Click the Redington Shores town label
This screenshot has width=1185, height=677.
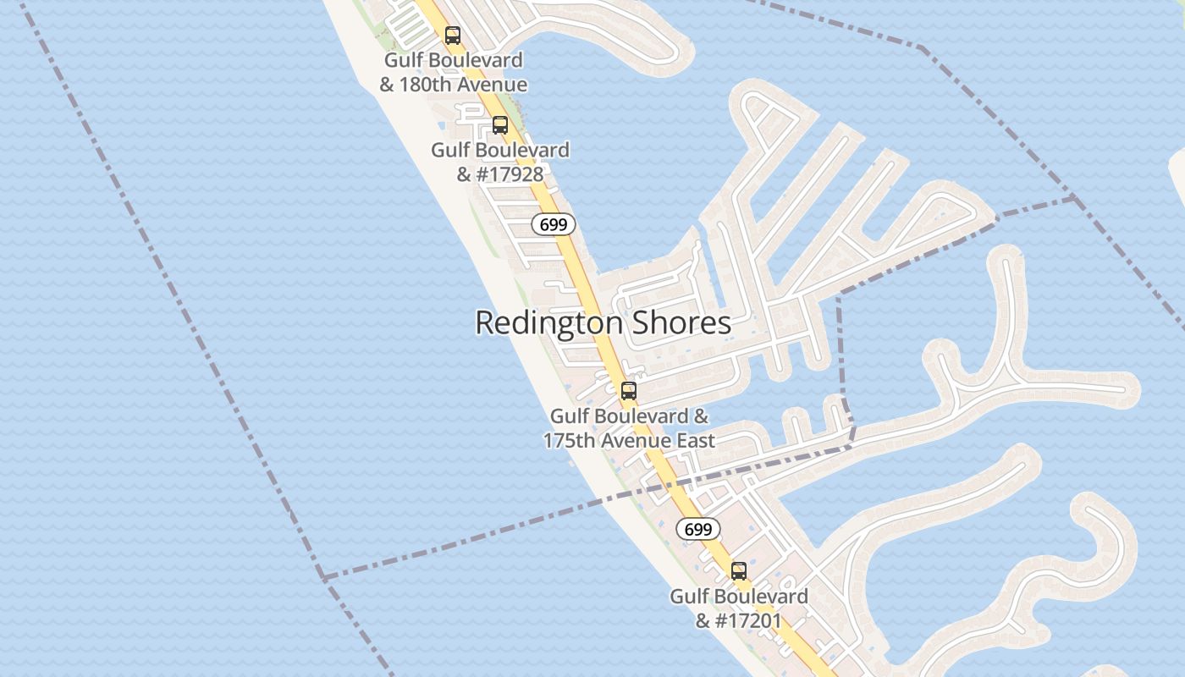(x=603, y=322)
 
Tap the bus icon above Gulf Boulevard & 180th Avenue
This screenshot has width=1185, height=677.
(x=453, y=36)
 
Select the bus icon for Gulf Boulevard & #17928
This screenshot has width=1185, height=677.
(x=500, y=125)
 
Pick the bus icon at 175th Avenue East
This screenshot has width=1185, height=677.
(x=629, y=391)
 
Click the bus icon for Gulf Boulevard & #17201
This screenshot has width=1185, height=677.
(x=739, y=571)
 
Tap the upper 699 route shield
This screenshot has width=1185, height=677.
(x=554, y=224)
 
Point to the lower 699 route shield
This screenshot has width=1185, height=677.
(x=697, y=529)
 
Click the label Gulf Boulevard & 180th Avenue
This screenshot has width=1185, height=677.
(x=453, y=73)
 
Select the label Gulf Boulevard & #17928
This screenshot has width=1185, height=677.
(x=500, y=162)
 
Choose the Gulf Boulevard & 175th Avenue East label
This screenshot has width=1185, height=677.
(x=629, y=428)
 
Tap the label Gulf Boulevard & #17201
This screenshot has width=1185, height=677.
(x=739, y=608)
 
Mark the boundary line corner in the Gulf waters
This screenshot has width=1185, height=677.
(x=323, y=578)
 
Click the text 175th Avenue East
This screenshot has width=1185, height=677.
(x=629, y=441)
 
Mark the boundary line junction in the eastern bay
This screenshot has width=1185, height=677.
(x=1073, y=199)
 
